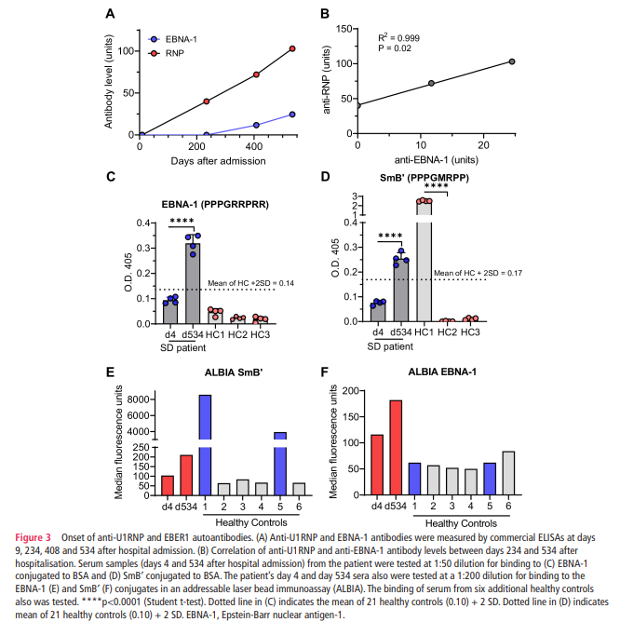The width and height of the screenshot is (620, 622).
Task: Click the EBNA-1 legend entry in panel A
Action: (x=182, y=40)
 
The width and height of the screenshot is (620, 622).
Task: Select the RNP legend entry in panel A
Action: (x=176, y=55)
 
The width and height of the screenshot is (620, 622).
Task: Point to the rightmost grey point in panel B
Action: (x=512, y=61)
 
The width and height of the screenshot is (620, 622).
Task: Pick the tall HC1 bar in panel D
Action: (x=425, y=261)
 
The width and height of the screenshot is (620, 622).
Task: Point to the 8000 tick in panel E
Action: (x=140, y=399)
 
